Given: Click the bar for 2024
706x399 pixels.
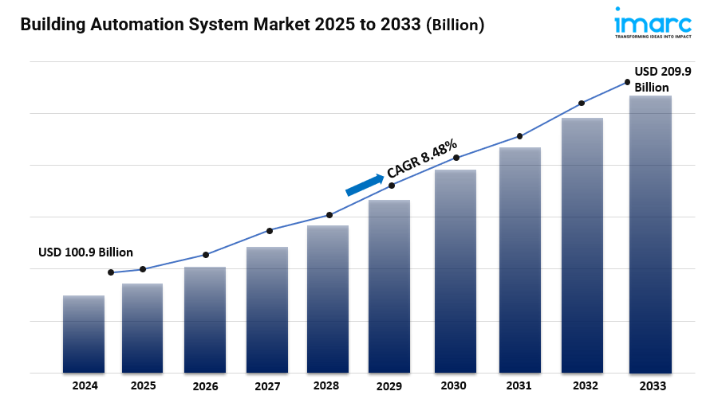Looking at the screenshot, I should pyautogui.click(x=84, y=334).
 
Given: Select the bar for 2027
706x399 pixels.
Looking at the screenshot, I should pyautogui.click(x=267, y=311).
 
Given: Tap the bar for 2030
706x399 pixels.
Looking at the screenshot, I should pyautogui.click(x=456, y=271).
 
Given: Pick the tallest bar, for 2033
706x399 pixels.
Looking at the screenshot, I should pyautogui.click(x=650, y=235).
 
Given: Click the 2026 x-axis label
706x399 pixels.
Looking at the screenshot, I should pyautogui.click(x=205, y=386).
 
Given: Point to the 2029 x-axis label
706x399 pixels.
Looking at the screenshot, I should pyautogui.click(x=389, y=386).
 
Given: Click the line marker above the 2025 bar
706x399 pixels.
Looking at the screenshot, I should pyautogui.click(x=143, y=269).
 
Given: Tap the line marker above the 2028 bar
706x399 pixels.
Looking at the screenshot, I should pyautogui.click(x=329, y=215).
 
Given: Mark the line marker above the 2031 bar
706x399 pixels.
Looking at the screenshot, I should pyautogui.click(x=520, y=136).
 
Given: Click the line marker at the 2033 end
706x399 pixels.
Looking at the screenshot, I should pyautogui.click(x=627, y=82).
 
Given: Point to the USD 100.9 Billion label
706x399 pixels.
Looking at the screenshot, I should pyautogui.click(x=85, y=252).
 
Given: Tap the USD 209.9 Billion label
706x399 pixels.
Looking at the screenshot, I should pyautogui.click(x=662, y=79).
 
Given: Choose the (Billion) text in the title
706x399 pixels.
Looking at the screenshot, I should pyautogui.click(x=455, y=25).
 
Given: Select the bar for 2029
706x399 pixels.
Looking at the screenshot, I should pyautogui.click(x=389, y=287).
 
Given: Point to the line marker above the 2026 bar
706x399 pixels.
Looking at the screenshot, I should pyautogui.click(x=206, y=255).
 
